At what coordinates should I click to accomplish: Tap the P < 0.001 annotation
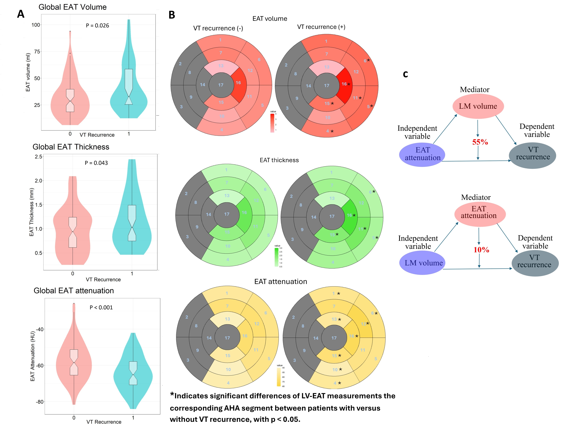click(101, 307)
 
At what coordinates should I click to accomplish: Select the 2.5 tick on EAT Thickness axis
click(39, 157)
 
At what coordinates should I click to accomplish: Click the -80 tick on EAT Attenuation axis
click(40, 402)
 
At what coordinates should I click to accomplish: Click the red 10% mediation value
click(481, 250)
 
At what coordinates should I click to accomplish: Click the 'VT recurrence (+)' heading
click(321, 27)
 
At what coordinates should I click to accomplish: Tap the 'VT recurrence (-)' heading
click(218, 28)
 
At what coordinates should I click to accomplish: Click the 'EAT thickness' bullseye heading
click(279, 160)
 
